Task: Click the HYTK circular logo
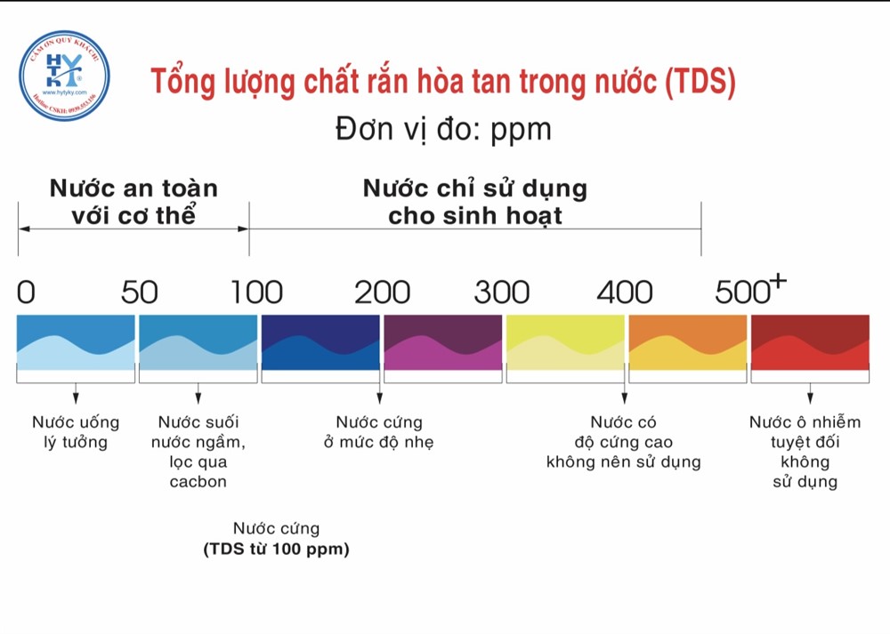tap(64, 76)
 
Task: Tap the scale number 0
tap(26, 292)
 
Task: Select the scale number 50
tap(139, 292)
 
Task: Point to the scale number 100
tap(256, 292)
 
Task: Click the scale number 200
tap(382, 292)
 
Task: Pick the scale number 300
tap(501, 292)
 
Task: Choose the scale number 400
tap(624, 292)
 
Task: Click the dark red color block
tap(810, 342)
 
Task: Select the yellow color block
tap(565, 342)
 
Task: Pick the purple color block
tap(442, 342)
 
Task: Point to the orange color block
tap(687, 342)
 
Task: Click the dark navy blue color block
tap(320, 342)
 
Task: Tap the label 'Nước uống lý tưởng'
tap(76, 432)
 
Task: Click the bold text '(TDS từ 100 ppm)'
tap(276, 550)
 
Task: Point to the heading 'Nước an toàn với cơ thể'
tap(133, 202)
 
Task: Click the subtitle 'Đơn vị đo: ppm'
tap(443, 130)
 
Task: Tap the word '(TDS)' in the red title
tap(700, 82)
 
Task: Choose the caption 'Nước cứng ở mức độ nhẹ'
tap(379, 432)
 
